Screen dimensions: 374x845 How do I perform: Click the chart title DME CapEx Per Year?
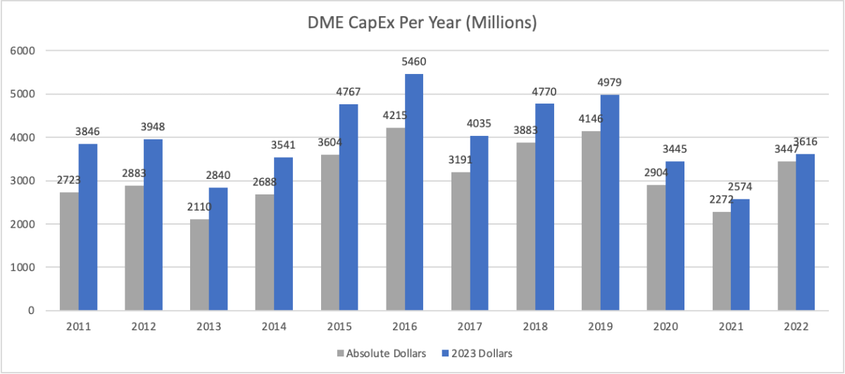(x=423, y=23)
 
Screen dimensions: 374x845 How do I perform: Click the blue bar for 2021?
(x=740, y=255)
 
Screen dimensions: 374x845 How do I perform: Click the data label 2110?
(x=199, y=206)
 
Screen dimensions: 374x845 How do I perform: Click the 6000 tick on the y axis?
(x=25, y=51)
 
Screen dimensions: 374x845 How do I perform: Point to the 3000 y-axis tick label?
(x=25, y=181)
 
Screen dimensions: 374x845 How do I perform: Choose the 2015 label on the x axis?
(x=339, y=328)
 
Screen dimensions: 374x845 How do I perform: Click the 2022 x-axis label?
(x=796, y=328)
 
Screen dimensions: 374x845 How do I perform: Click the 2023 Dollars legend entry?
(x=477, y=354)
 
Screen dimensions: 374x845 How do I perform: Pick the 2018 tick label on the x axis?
(x=535, y=328)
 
